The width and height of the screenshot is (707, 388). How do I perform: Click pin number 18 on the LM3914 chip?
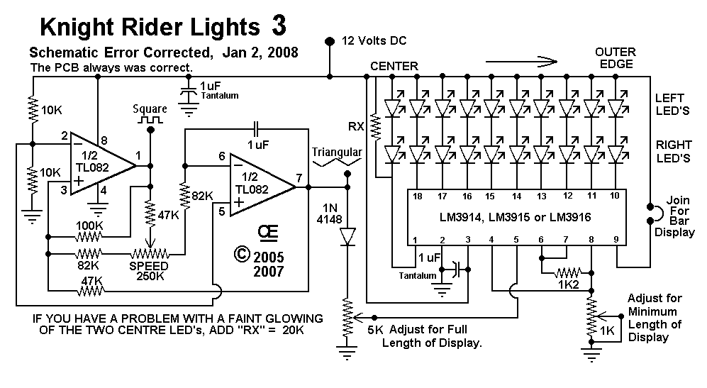click(x=418, y=196)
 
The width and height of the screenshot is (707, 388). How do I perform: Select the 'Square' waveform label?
click(x=150, y=109)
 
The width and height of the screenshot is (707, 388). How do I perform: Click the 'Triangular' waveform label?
click(x=337, y=152)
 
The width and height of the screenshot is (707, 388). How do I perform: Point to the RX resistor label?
click(x=357, y=128)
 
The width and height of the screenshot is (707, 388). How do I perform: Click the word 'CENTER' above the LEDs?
click(x=394, y=66)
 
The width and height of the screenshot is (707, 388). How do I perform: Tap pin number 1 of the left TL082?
click(x=138, y=154)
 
